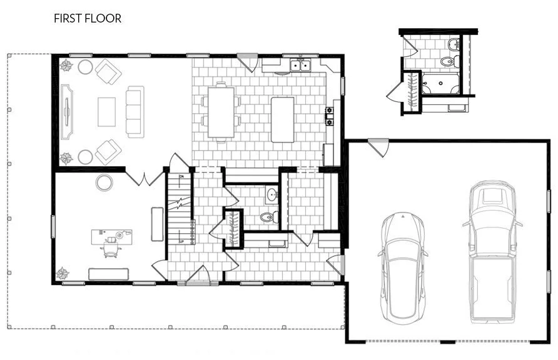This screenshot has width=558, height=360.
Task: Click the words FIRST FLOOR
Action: pyautogui.click(x=88, y=19)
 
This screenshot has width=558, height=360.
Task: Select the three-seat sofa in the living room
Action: pyautogui.click(x=134, y=112)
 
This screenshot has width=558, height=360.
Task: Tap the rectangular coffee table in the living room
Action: pyautogui.click(x=107, y=112)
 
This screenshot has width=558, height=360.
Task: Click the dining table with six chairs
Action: pyautogui.click(x=221, y=112)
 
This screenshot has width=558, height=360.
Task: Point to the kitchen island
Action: pyautogui.click(x=282, y=119)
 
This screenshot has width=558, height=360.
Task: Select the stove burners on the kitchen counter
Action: pyautogui.click(x=329, y=116)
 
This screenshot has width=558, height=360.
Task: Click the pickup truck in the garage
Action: pyautogui.click(x=492, y=250)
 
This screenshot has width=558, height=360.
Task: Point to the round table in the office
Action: pyautogui.click(x=104, y=182)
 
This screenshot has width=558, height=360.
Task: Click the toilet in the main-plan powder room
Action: pyautogui.click(x=267, y=217)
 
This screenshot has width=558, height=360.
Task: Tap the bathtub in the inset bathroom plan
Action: pyautogui.click(x=440, y=83)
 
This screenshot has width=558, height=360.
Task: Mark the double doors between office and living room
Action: pyautogui.click(x=145, y=177)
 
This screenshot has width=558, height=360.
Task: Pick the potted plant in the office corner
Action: pyautogui.click(x=63, y=273)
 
